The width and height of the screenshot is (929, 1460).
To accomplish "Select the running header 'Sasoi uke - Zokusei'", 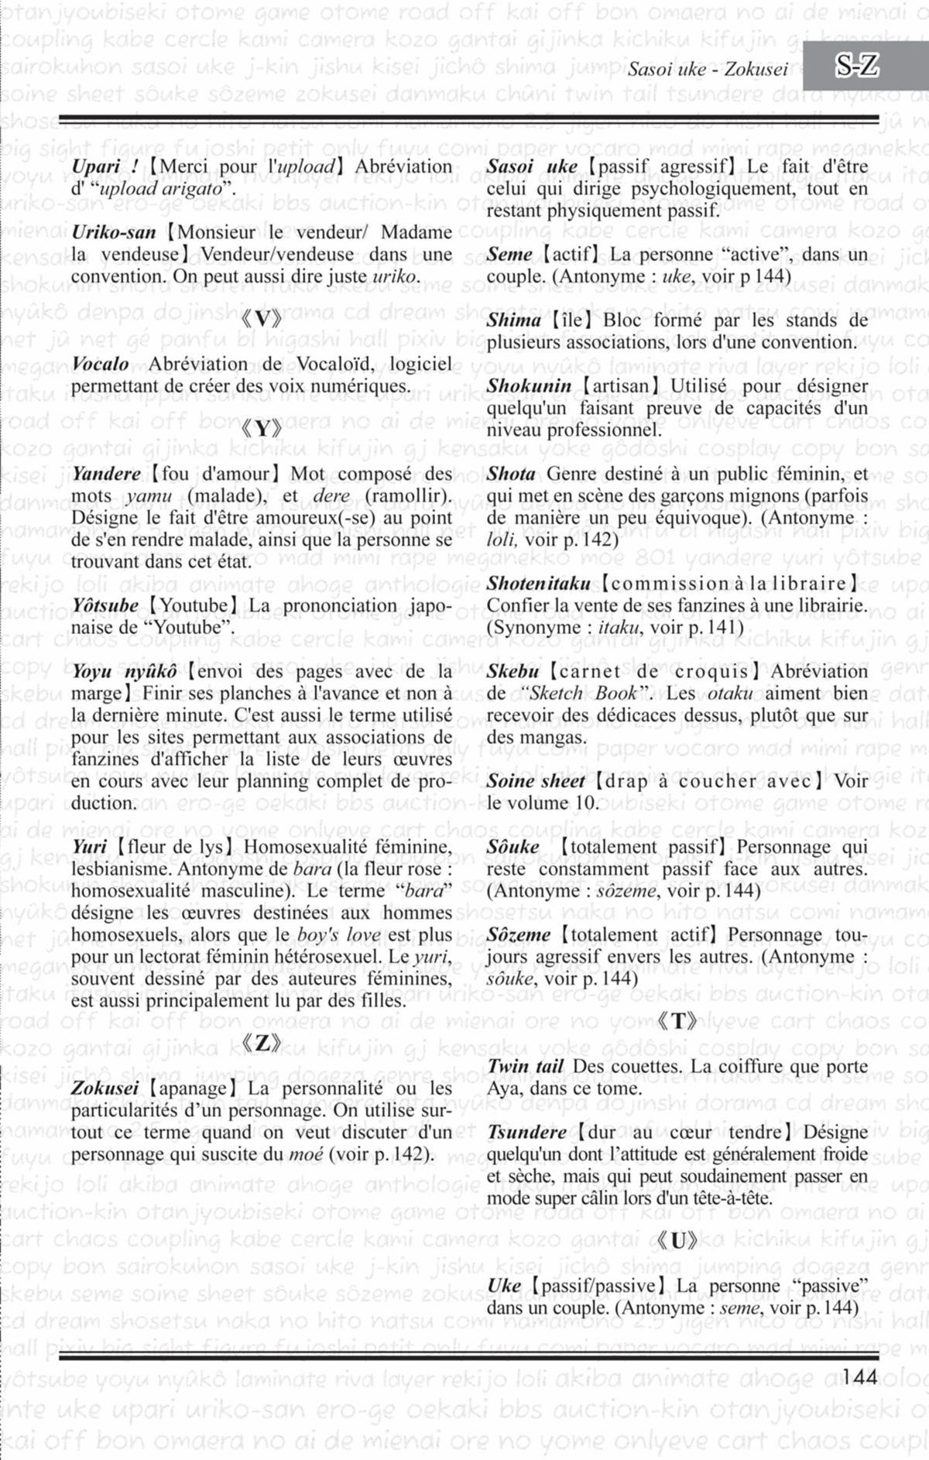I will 708,70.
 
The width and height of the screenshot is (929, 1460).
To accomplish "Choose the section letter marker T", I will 677,1022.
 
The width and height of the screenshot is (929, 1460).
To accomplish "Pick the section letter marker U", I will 677,1242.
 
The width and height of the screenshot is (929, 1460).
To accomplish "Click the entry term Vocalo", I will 101,364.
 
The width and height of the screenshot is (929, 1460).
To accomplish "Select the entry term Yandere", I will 106,474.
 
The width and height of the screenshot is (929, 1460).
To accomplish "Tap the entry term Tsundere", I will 526,1133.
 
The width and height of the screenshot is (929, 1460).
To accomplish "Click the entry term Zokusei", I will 105,1088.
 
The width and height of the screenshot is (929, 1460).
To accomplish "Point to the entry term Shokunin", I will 530,386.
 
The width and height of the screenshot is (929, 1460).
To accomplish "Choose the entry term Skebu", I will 512,671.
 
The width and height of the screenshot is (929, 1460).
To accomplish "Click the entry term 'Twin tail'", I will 525,1067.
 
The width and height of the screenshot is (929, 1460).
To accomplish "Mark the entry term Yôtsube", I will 105,605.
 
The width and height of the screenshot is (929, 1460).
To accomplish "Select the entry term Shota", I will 511,474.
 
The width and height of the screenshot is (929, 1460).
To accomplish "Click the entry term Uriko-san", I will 114,232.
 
